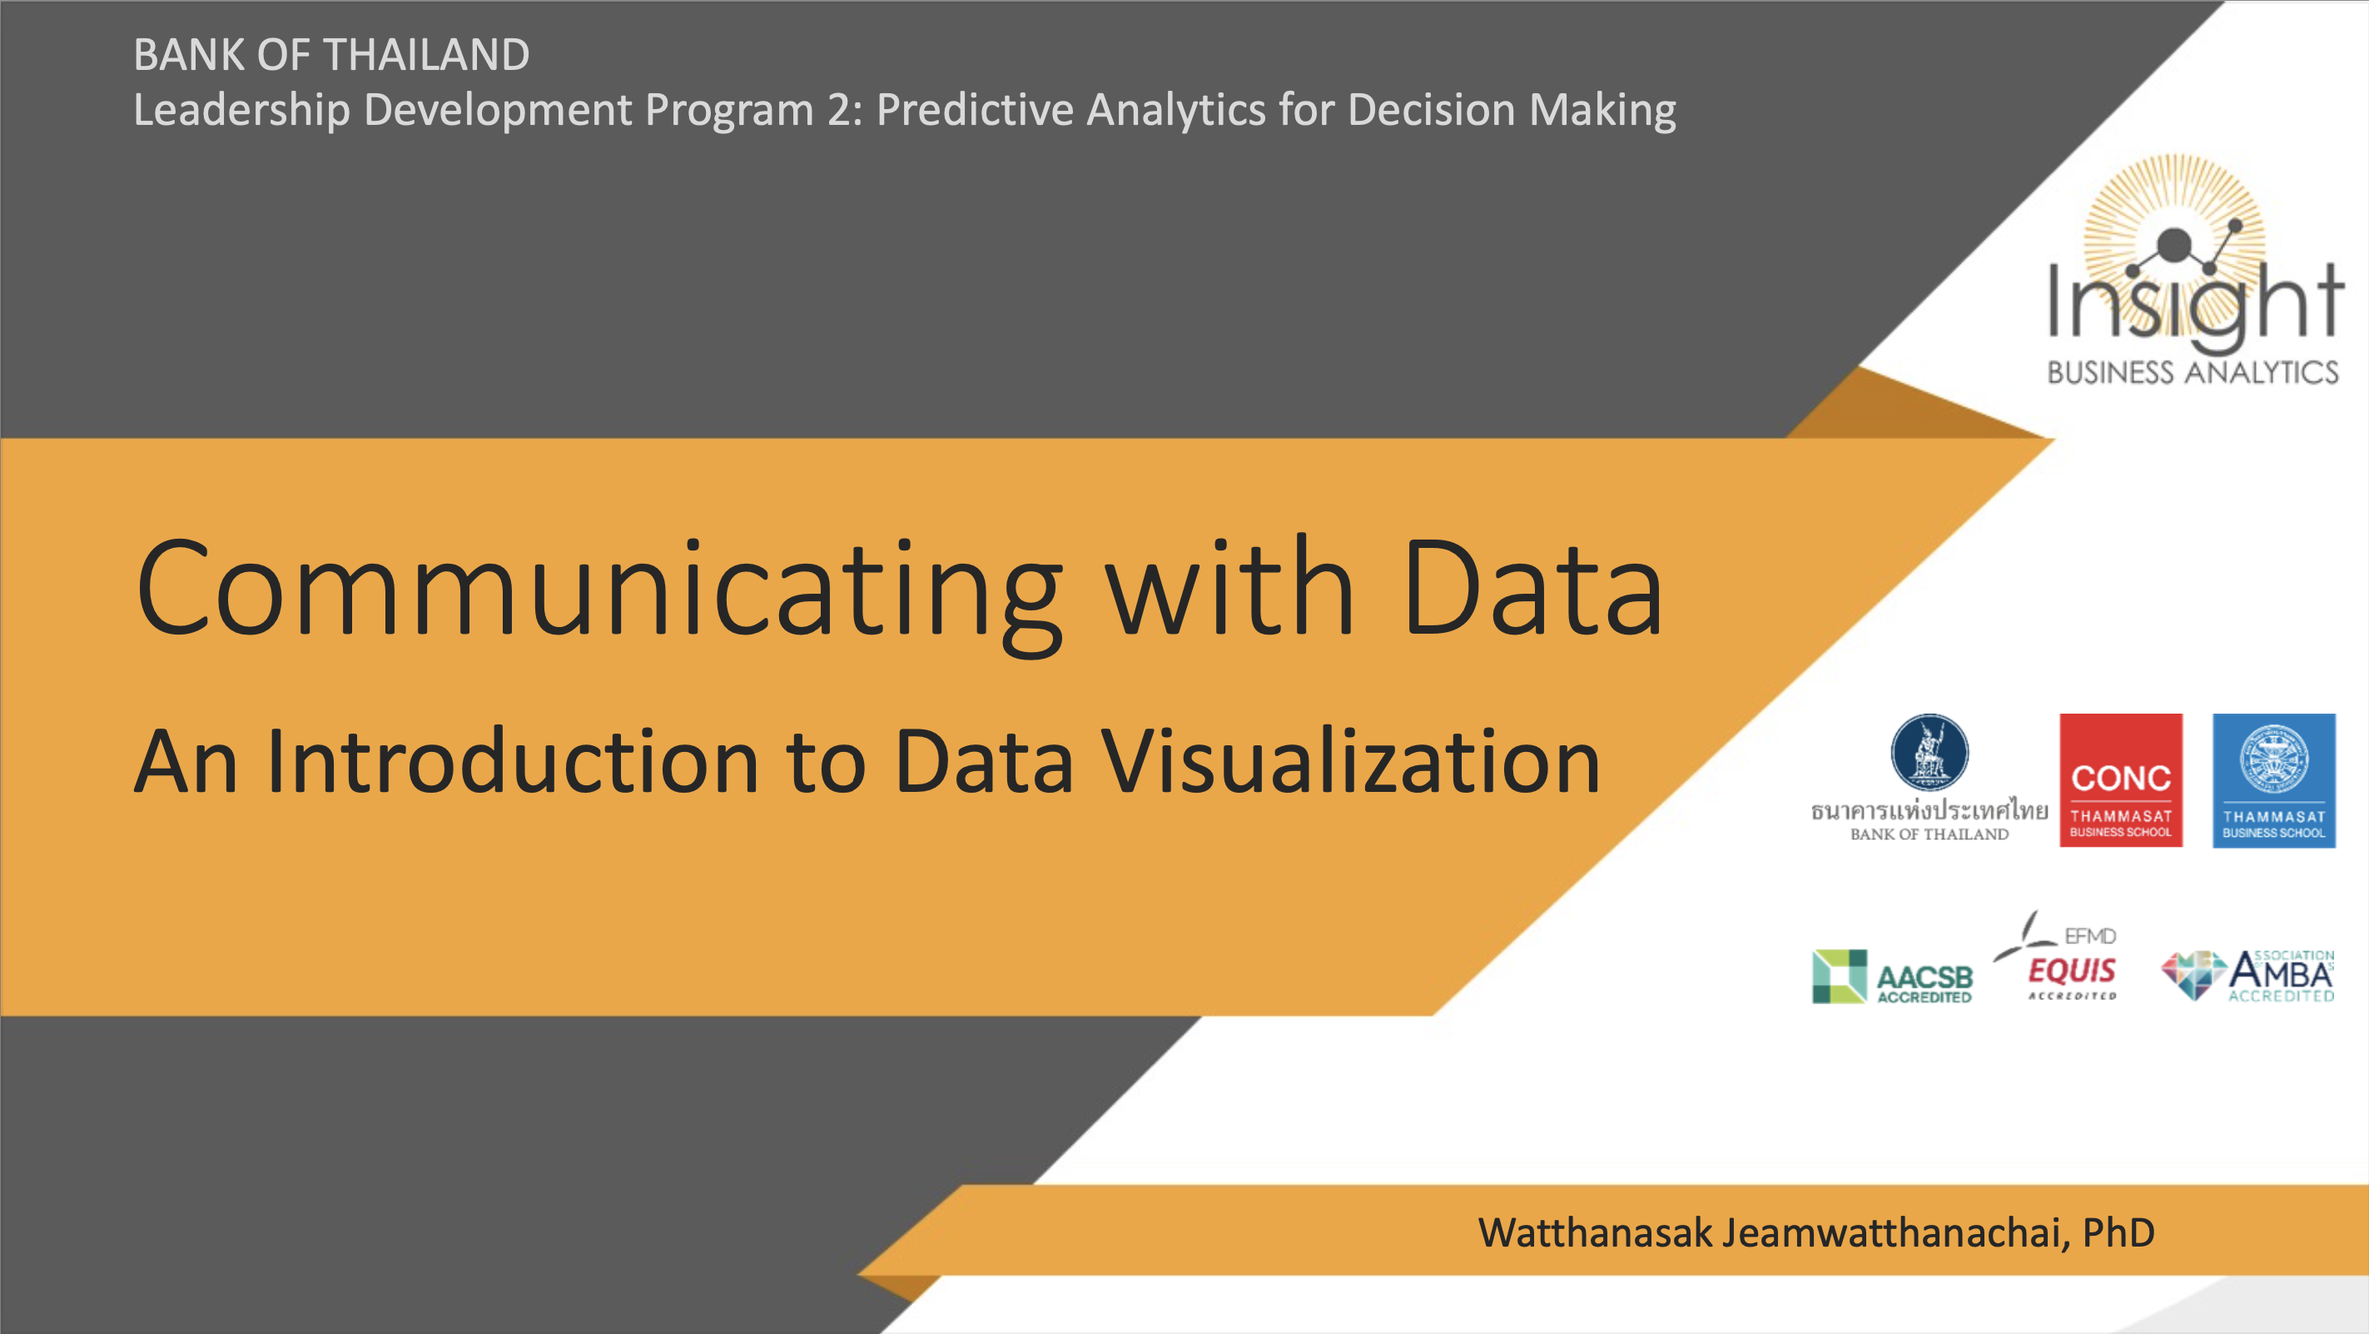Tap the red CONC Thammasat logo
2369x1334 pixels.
2121,780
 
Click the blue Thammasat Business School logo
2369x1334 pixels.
2273,780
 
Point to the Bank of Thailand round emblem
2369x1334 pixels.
1929,753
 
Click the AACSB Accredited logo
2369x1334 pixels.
1893,977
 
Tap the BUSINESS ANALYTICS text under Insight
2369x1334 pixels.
2193,371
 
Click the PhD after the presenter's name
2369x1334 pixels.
2118,1232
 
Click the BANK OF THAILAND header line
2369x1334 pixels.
331,54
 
